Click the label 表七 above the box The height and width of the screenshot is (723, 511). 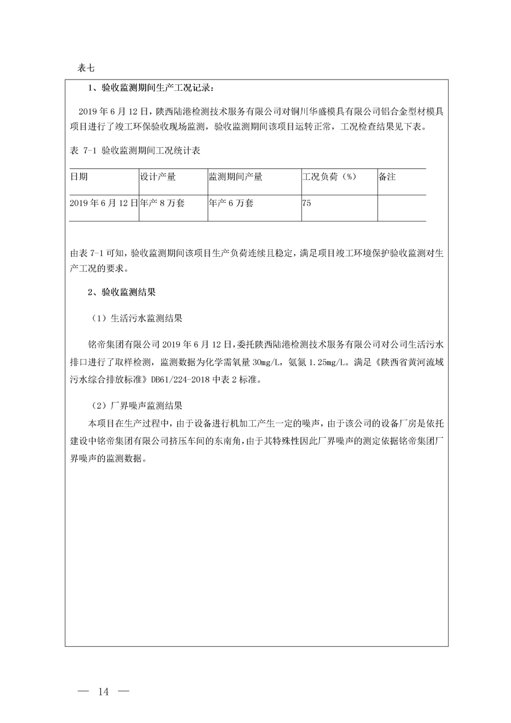tap(86, 68)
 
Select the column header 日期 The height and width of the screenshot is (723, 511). tap(79, 177)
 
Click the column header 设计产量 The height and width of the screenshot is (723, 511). tap(158, 177)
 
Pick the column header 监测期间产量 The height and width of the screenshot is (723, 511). tap(236, 177)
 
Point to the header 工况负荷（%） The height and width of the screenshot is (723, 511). tap(329, 177)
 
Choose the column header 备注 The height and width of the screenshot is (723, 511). tap(387, 177)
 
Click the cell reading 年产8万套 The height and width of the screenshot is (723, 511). tap(162, 203)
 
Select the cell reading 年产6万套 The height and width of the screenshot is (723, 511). tap(232, 203)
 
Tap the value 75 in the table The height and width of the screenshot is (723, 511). tap(307, 203)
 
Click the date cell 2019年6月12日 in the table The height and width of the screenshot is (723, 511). tap(104, 203)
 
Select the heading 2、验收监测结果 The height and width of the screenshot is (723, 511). tap(122, 293)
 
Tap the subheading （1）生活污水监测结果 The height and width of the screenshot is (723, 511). tap(137, 319)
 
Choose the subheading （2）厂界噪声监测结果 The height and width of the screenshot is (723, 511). tap(137, 406)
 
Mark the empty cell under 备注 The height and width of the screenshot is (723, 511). tap(401, 207)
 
